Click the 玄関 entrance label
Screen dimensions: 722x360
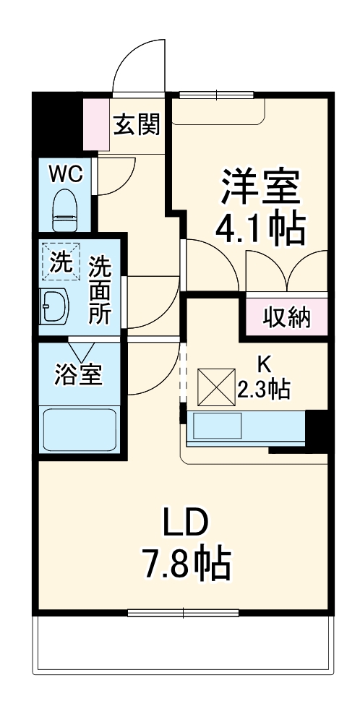coord(136,124)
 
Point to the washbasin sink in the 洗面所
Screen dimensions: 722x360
coord(54,308)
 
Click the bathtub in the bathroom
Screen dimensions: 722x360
coord(80,431)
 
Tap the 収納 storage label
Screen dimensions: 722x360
coord(286,317)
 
